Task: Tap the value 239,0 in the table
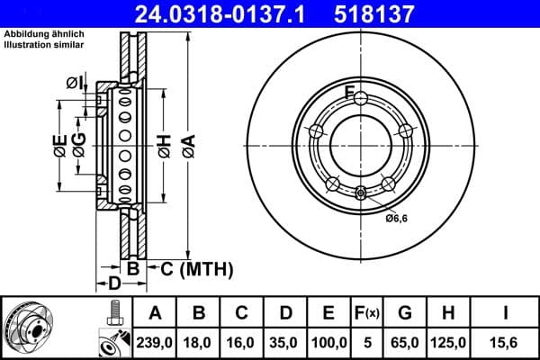(x=156, y=341)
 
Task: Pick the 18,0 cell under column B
(x=199, y=341)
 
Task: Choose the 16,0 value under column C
(x=242, y=341)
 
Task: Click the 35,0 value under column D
(x=285, y=341)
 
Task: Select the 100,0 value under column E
(x=328, y=341)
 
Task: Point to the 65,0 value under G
(x=405, y=341)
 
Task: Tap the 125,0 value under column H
(x=448, y=341)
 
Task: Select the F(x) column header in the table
(x=366, y=313)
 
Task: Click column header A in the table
(x=156, y=313)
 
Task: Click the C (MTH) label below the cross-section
(x=190, y=268)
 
